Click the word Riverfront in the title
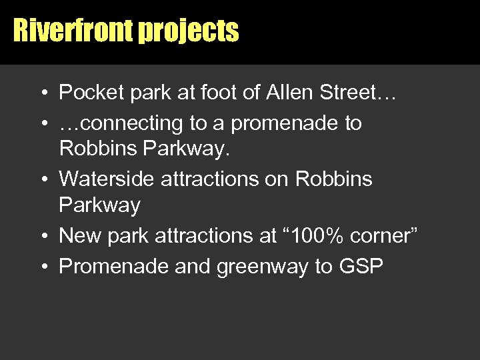coord(73,30)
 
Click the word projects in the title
coord(188,31)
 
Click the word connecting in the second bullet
coord(131,123)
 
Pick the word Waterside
coord(104,179)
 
